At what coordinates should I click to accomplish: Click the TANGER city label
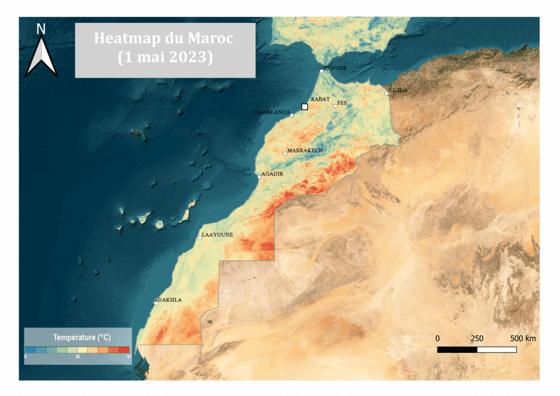(336, 68)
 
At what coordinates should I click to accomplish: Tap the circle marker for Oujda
(386, 94)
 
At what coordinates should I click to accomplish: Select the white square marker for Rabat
(305, 107)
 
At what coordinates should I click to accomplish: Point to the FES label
(342, 103)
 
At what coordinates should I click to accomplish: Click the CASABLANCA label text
(271, 112)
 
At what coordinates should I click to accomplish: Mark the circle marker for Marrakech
(285, 154)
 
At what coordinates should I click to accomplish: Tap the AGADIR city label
(272, 174)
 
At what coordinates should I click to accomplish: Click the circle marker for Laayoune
(200, 238)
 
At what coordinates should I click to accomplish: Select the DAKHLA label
(170, 300)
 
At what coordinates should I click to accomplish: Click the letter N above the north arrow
(41, 29)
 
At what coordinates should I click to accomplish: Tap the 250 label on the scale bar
(477, 339)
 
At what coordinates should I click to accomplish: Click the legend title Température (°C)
(78, 336)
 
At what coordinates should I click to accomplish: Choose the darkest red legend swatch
(124, 349)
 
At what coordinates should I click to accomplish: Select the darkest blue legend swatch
(31, 349)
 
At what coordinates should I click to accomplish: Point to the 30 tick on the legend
(78, 356)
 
